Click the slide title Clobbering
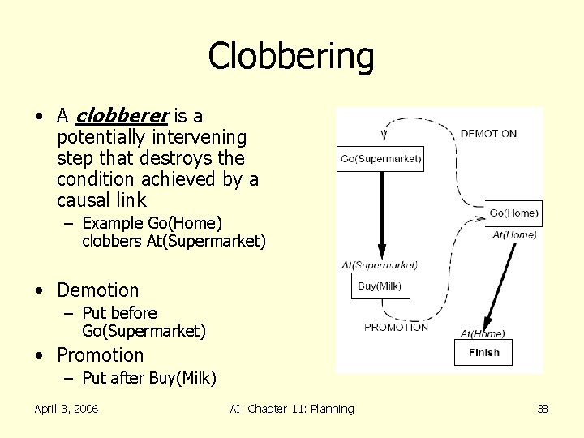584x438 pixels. coord(291,56)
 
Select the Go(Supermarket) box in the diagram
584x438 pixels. coord(380,159)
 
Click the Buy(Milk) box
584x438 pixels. coord(380,286)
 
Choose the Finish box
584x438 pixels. coord(484,352)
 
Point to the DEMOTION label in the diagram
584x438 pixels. coord(488,134)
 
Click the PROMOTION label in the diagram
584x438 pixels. coord(396,328)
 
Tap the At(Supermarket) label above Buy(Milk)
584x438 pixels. coord(380,265)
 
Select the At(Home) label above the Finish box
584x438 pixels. coord(483,333)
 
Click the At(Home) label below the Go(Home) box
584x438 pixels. coord(514,235)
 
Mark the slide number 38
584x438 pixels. coord(543,409)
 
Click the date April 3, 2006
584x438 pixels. coord(67,409)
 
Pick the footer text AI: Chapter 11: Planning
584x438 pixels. coord(291,409)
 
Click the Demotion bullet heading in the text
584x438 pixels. coord(97,290)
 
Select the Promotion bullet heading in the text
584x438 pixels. coord(100,355)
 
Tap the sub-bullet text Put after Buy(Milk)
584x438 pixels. coord(148,378)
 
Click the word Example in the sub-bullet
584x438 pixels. coord(113,223)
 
